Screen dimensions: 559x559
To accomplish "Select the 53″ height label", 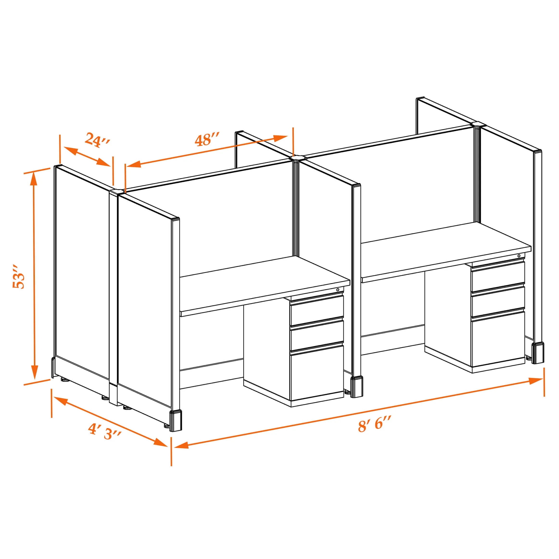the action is pyautogui.click(x=19, y=276).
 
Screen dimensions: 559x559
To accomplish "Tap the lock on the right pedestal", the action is pyautogui.click(x=519, y=256).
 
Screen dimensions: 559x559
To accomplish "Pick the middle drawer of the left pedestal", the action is pyautogui.click(x=317, y=334).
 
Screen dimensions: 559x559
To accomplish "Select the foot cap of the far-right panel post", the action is pyautogui.click(x=538, y=353).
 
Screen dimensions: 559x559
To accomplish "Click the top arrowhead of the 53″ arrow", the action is pyautogui.click(x=34, y=179).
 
